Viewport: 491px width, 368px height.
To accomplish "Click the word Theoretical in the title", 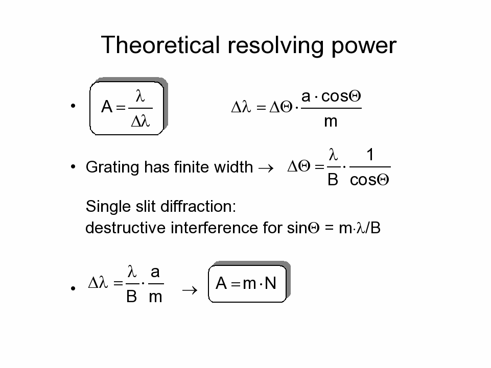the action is (160, 45).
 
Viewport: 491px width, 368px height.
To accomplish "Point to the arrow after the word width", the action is (266, 168).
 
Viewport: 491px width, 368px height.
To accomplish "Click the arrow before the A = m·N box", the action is (190, 290).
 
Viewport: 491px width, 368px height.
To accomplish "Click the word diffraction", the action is (198, 207).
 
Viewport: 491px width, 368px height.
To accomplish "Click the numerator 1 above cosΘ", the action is (370, 155).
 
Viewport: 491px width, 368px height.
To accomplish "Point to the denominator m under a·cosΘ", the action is (331, 121).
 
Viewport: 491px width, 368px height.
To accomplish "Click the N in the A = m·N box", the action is (271, 283).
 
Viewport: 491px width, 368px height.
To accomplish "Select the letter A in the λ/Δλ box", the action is (107, 107).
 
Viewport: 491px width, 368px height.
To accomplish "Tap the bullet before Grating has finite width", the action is (73, 167).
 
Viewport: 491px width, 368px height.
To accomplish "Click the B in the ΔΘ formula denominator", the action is (333, 180).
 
